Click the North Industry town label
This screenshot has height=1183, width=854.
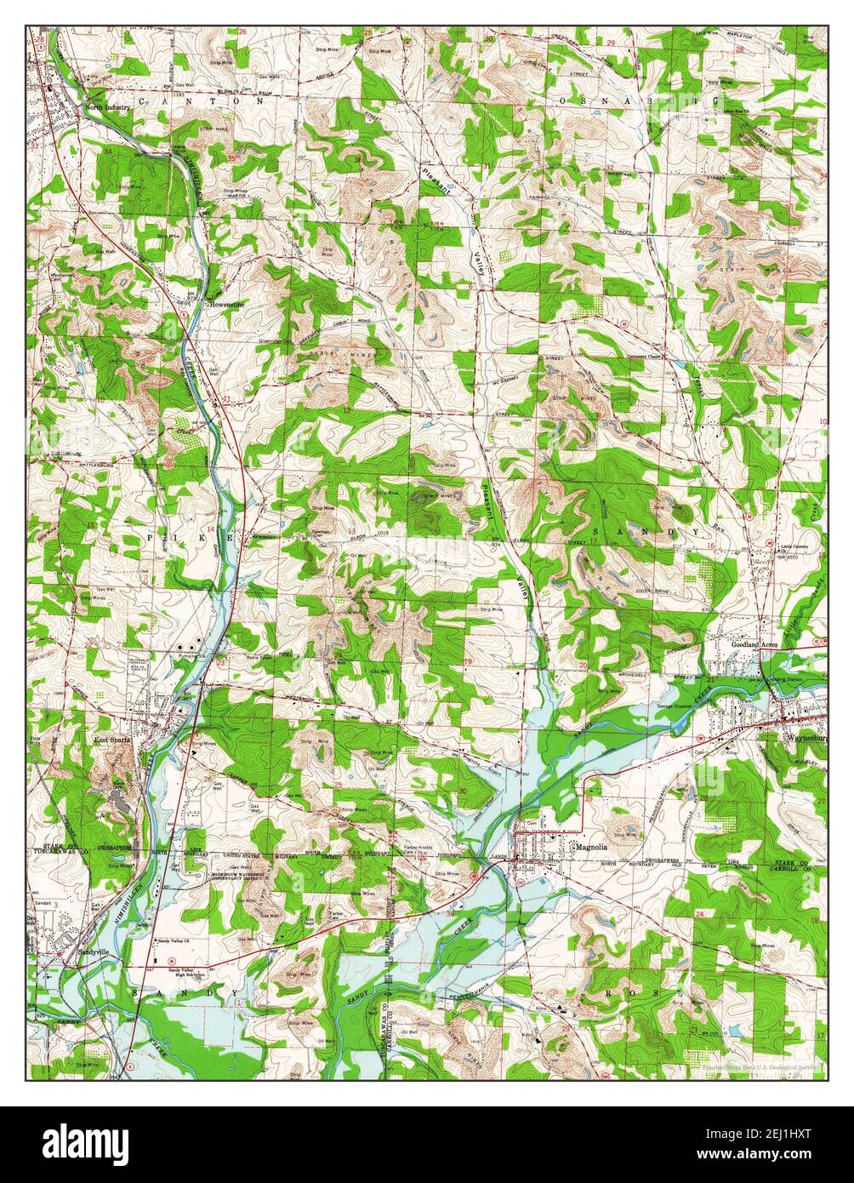point(106,108)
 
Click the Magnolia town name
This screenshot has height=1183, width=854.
point(593,848)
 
